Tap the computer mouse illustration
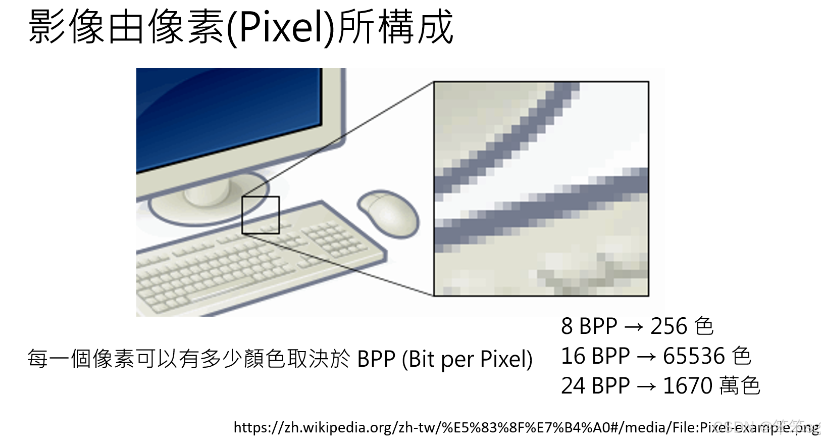(x=389, y=214)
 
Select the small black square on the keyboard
(x=261, y=215)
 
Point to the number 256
(x=668, y=326)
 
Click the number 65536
(x=694, y=356)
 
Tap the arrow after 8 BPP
(x=634, y=327)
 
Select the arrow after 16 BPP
(x=647, y=357)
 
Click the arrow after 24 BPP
(x=647, y=386)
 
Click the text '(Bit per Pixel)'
(x=467, y=359)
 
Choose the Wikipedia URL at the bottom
(x=527, y=427)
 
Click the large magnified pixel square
(x=541, y=188)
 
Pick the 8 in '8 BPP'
(x=567, y=326)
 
